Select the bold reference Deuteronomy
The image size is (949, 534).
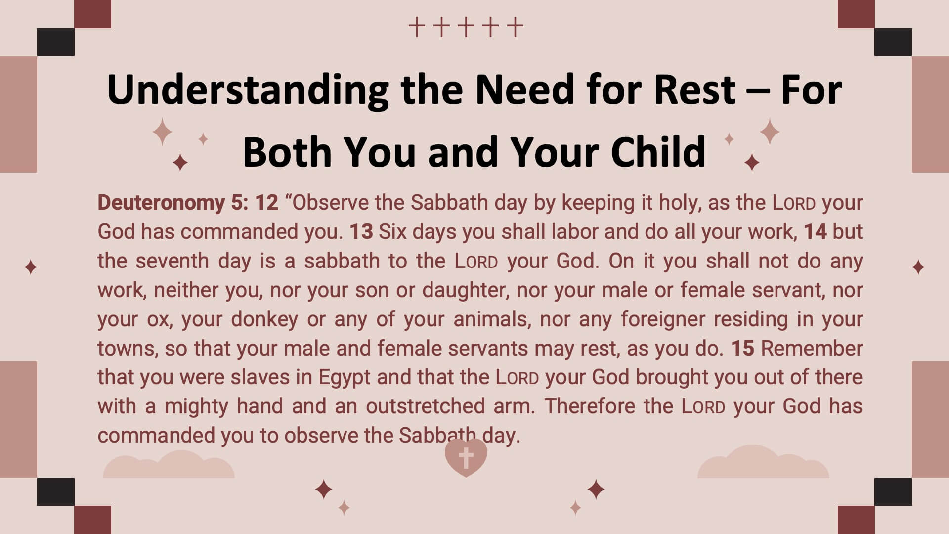click(x=161, y=203)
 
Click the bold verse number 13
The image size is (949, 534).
click(x=361, y=232)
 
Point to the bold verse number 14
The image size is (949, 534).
click(x=816, y=232)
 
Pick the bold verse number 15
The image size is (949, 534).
click(x=743, y=349)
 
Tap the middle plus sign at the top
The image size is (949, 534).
click(x=466, y=27)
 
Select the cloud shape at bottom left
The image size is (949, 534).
click(x=169, y=465)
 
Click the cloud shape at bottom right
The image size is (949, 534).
click(x=763, y=462)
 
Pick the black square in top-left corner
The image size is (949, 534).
click(x=56, y=42)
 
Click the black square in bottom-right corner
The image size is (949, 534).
click(x=893, y=492)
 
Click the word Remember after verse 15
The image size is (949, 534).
click(x=812, y=349)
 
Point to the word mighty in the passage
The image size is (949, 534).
click(x=196, y=407)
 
